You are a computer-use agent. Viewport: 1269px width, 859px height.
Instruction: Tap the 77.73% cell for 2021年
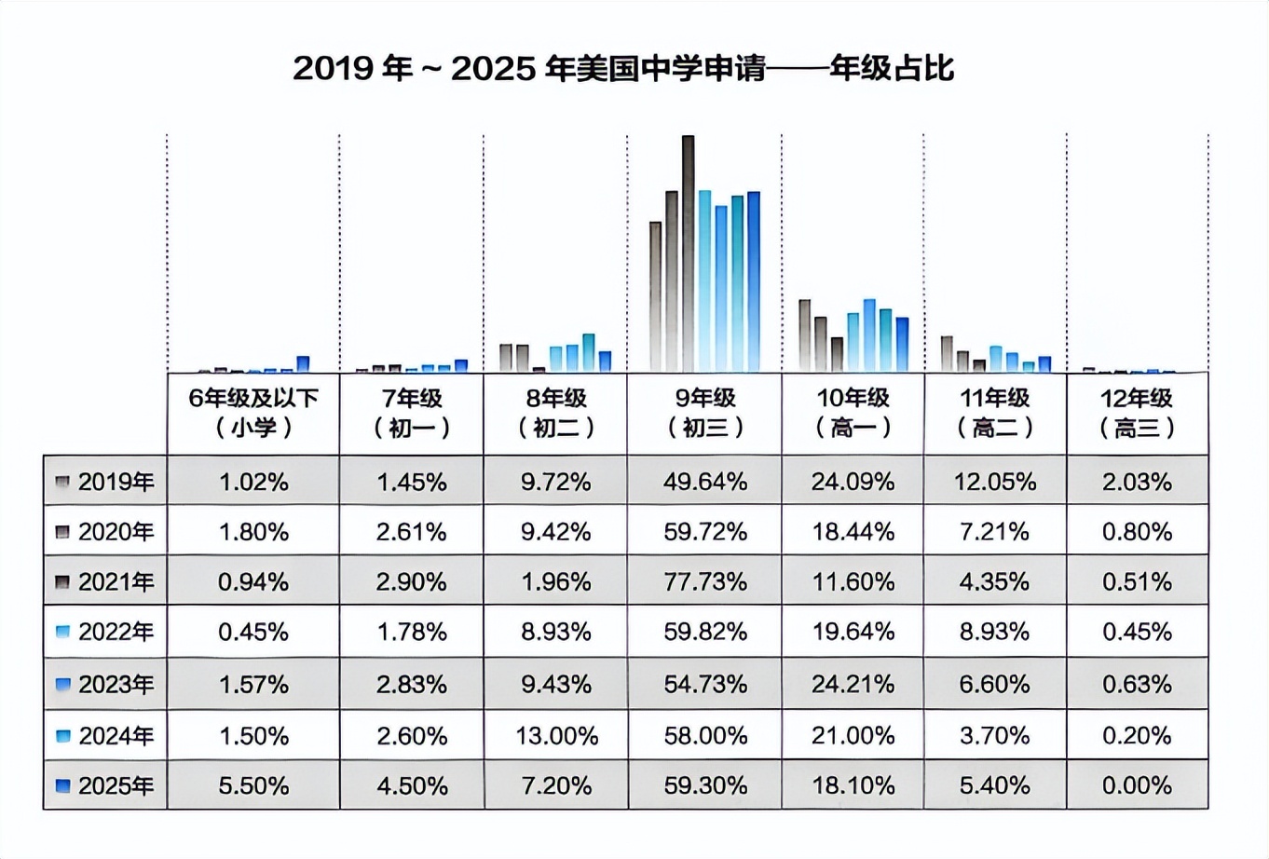(704, 582)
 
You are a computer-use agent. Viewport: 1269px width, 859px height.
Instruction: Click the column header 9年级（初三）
(704, 413)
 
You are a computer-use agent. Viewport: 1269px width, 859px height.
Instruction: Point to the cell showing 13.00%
(556, 736)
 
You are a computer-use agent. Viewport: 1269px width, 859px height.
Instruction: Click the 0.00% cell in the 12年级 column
(1137, 786)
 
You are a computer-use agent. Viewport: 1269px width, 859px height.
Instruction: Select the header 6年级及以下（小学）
(253, 413)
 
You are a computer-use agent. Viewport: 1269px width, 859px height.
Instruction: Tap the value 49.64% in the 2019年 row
(704, 482)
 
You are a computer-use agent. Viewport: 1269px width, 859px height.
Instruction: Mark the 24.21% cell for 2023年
(853, 685)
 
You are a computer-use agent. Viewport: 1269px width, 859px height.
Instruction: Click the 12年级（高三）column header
(1137, 413)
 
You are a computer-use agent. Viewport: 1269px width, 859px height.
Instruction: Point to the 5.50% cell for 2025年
(253, 786)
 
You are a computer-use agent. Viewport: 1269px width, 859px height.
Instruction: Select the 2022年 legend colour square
(63, 633)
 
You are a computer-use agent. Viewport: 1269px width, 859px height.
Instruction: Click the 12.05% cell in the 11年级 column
(994, 482)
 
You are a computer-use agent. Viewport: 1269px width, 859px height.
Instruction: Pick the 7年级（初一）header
(412, 413)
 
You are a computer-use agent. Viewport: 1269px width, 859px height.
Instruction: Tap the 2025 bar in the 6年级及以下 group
(303, 364)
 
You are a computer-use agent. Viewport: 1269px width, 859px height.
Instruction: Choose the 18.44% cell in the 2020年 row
(853, 532)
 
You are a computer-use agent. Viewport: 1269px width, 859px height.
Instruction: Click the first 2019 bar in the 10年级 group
(804, 335)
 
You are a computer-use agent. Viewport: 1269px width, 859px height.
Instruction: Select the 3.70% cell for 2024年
(994, 736)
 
